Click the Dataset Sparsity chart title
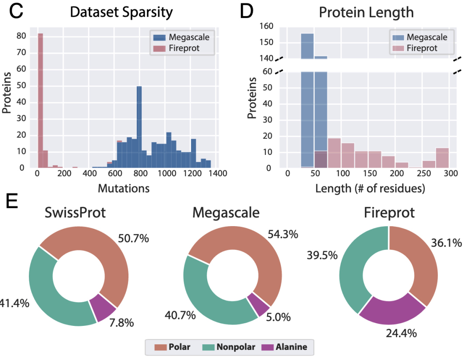[x=121, y=12]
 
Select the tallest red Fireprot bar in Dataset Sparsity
[x=40, y=101]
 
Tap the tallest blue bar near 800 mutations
[x=139, y=127]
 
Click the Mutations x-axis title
[x=124, y=189]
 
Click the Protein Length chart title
[x=366, y=12]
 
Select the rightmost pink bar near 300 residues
[x=442, y=158]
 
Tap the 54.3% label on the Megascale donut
[x=283, y=234]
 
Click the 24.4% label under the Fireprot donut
[x=401, y=333]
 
